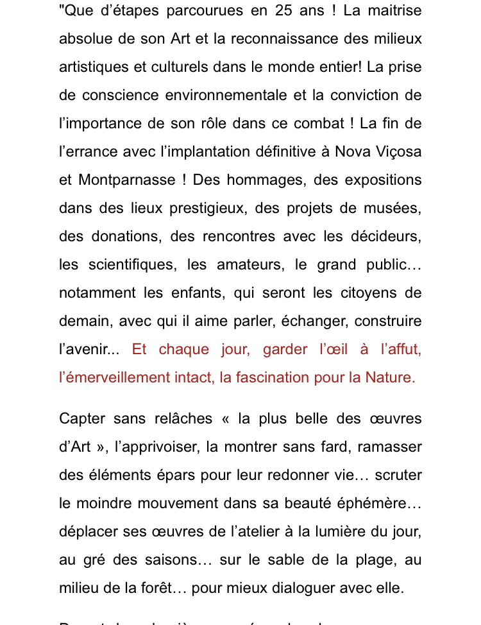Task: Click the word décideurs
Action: (387, 236)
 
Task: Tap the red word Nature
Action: (390, 377)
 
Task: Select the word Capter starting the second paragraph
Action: (81, 418)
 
